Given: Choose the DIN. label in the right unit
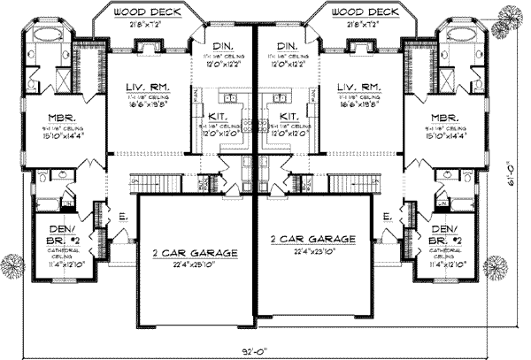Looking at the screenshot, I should tap(286, 45).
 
